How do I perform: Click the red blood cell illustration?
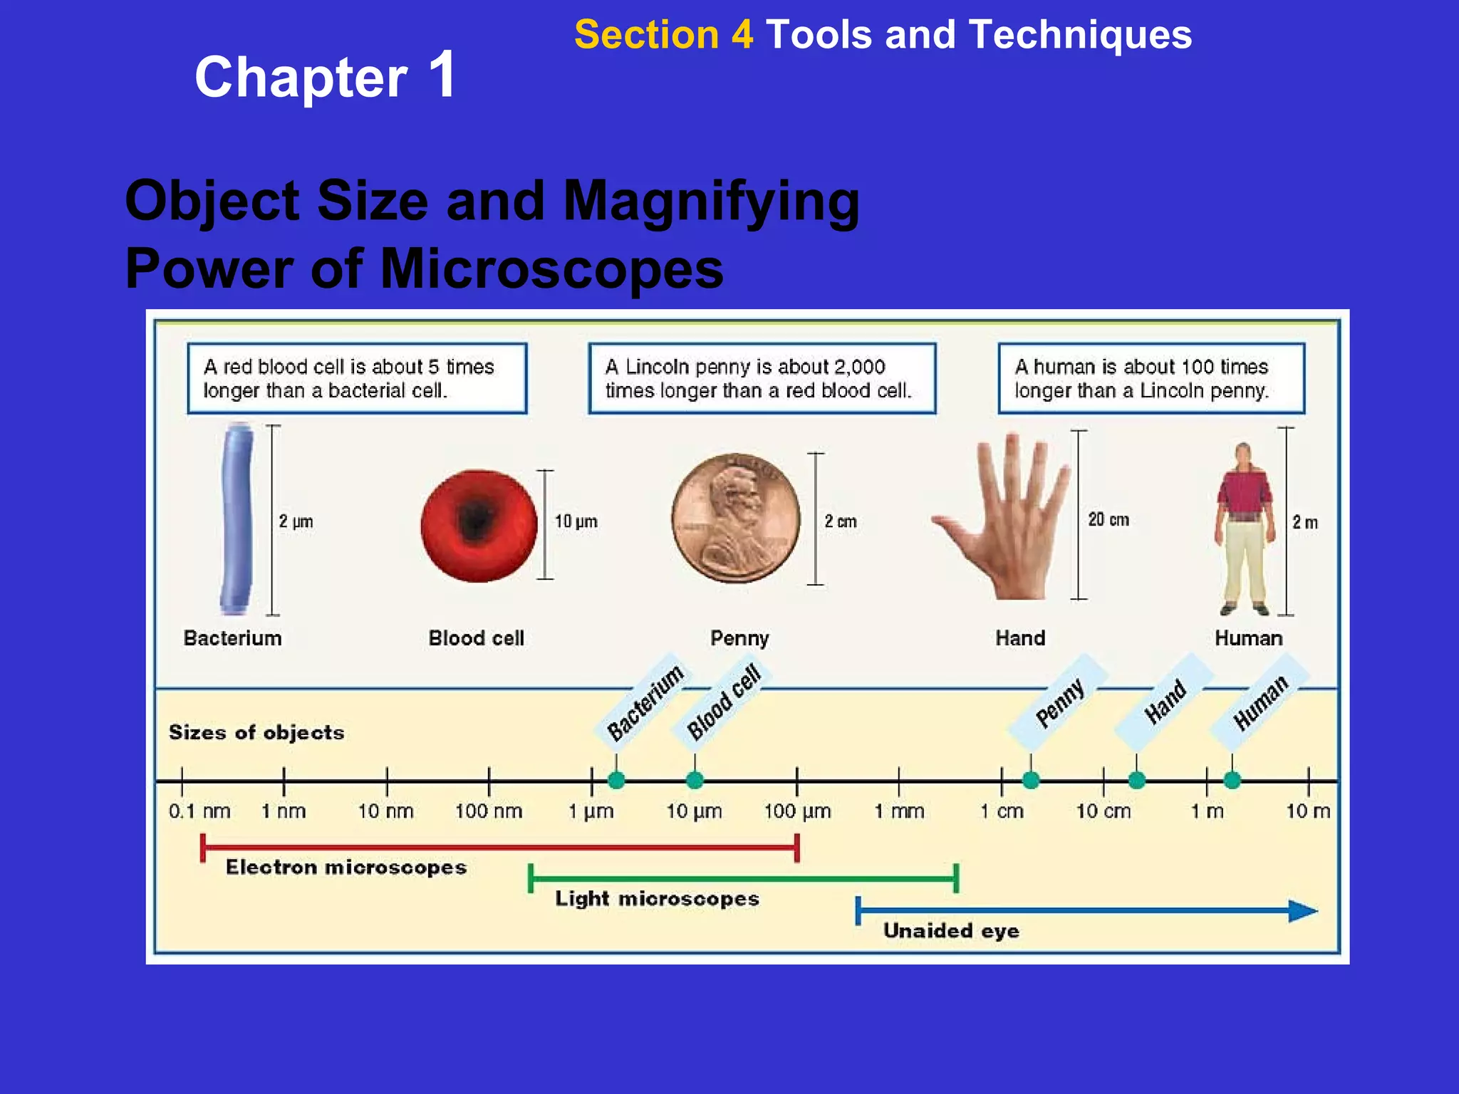pyautogui.click(x=479, y=526)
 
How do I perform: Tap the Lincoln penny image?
pyautogui.click(x=736, y=519)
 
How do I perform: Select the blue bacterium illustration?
pyautogui.click(x=237, y=519)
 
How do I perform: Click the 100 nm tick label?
pyautogui.click(x=489, y=811)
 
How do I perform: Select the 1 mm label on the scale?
pyautogui.click(x=899, y=811)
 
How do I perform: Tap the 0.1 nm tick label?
pyautogui.click(x=199, y=811)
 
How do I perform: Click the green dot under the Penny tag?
pyautogui.click(x=1030, y=781)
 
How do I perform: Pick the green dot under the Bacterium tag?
pyautogui.click(x=616, y=781)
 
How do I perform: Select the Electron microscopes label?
pyautogui.click(x=346, y=867)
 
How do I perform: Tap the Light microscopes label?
pyautogui.click(x=657, y=899)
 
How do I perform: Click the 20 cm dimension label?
pyautogui.click(x=1108, y=520)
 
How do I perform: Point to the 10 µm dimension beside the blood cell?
pyautogui.click(x=576, y=521)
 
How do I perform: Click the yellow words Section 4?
pyautogui.click(x=663, y=34)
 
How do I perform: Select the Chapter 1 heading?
pyautogui.click(x=326, y=76)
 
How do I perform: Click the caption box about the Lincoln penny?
pyautogui.click(x=762, y=378)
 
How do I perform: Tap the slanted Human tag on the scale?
pyautogui.click(x=1260, y=703)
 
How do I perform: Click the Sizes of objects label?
pyautogui.click(x=256, y=733)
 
